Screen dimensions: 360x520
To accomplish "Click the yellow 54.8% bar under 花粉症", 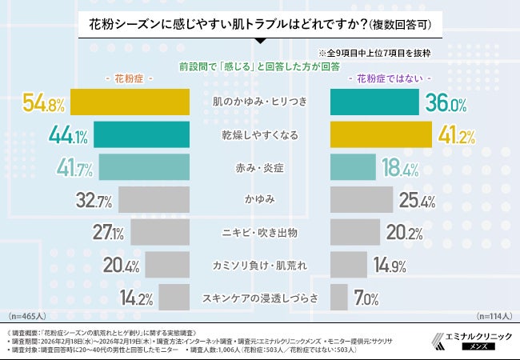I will (130, 103).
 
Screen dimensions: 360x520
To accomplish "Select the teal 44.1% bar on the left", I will (141, 135).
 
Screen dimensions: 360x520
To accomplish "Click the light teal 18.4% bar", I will (352, 167).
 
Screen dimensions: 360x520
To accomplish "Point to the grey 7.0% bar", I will (339, 298).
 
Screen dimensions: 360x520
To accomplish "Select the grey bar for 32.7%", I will (153, 199).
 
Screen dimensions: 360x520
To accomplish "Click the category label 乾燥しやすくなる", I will (260, 135).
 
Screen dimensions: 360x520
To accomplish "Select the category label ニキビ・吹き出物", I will (260, 233).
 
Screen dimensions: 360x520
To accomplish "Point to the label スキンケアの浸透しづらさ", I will (260, 298).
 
